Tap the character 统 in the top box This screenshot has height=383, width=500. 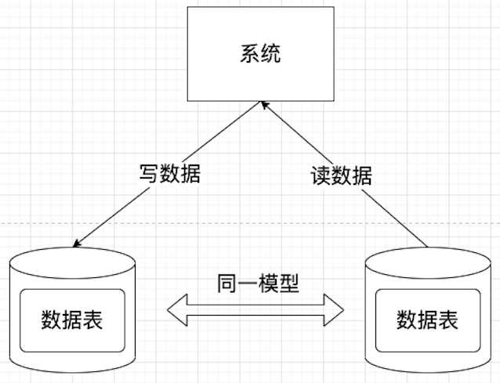(x=270, y=55)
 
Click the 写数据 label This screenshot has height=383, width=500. (x=169, y=174)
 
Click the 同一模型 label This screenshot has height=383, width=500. (x=258, y=284)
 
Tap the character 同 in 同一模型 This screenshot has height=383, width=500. (x=227, y=284)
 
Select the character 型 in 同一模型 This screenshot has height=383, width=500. (x=289, y=284)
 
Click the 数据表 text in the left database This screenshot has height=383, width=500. (x=72, y=320)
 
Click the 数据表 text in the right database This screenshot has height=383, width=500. (x=427, y=320)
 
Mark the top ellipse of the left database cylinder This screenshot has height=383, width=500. (x=72, y=259)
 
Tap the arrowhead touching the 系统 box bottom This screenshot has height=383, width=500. (x=264, y=106)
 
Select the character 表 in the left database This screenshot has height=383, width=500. (x=93, y=320)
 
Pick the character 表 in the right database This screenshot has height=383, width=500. (x=448, y=320)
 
